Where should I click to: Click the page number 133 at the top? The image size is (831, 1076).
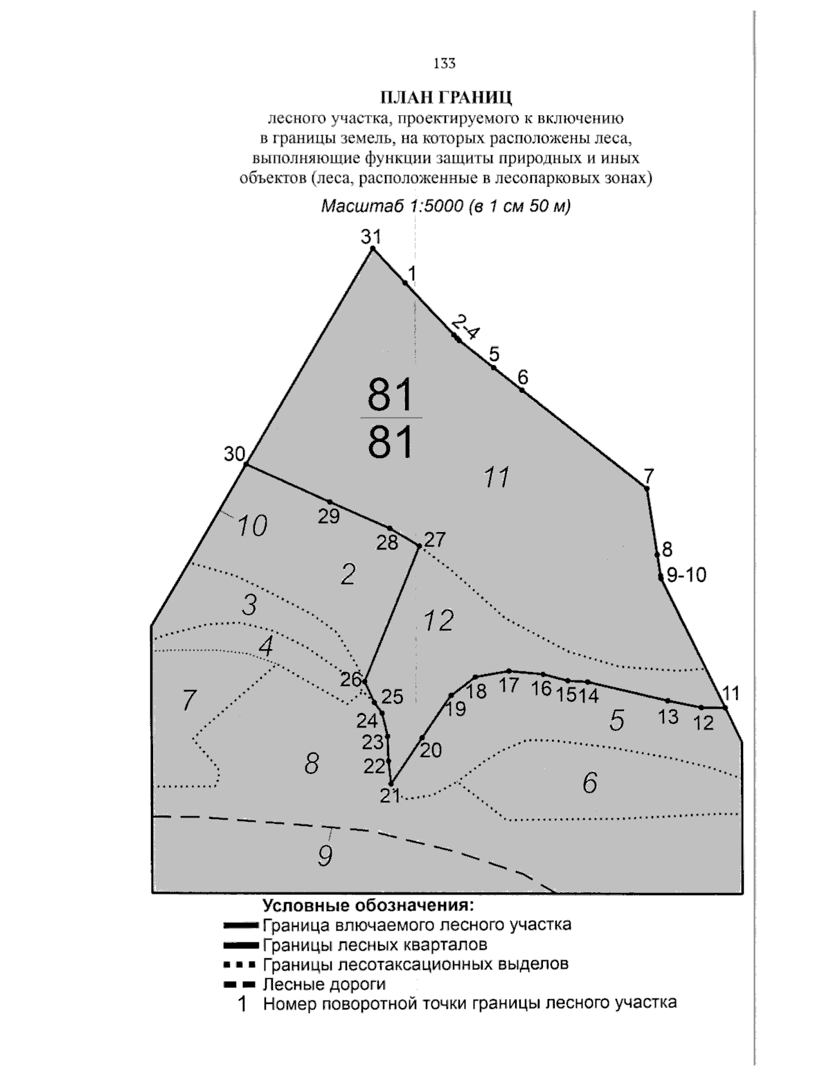(x=444, y=64)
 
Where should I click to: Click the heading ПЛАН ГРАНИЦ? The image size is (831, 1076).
(x=444, y=96)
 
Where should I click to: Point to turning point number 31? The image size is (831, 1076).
(x=370, y=237)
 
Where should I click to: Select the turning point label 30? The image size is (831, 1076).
(x=235, y=455)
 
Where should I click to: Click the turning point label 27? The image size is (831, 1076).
(x=435, y=539)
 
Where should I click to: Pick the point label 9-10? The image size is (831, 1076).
(x=686, y=574)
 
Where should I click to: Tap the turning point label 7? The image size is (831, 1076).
(x=648, y=476)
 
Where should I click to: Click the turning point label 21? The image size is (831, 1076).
(x=390, y=795)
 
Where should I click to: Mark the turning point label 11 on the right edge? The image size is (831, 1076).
(x=731, y=693)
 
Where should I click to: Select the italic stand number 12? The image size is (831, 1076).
(x=438, y=620)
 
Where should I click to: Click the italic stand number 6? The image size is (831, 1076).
(x=589, y=783)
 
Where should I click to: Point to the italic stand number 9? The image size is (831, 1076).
(x=325, y=856)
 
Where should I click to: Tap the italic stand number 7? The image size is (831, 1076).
(x=189, y=700)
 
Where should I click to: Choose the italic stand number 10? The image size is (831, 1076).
(x=252, y=527)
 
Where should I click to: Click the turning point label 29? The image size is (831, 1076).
(x=329, y=516)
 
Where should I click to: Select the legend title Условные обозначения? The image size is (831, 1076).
(x=368, y=906)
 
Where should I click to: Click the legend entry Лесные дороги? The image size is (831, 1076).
(x=324, y=984)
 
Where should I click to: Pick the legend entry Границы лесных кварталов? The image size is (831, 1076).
(x=375, y=944)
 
